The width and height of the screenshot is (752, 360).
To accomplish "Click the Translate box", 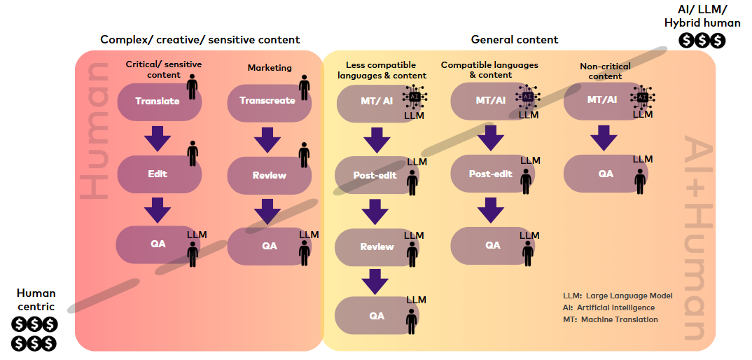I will [158, 102].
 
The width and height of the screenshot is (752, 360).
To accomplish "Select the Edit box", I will [158, 174].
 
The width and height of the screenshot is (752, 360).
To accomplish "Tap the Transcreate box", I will [267, 101].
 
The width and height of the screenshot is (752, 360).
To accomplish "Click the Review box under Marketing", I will [269, 175].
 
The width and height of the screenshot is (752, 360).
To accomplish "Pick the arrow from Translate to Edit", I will [158, 138].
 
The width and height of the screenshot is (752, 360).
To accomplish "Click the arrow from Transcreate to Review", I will [268, 139].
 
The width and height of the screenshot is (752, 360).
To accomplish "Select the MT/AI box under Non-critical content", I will [602, 100].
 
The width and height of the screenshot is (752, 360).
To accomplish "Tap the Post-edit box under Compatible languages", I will [490, 174].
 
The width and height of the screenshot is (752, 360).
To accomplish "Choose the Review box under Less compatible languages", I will [377, 247].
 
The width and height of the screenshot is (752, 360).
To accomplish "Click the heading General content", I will [515, 40].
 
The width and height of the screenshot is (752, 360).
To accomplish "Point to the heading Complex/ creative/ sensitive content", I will [200, 40].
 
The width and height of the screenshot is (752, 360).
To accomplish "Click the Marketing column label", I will [270, 68].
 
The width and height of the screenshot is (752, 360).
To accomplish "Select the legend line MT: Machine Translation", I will [610, 320].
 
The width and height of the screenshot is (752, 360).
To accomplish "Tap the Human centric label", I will [36, 299].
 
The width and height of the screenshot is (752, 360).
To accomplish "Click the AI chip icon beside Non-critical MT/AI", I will [643, 97].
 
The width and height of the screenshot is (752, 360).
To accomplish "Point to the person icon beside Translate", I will [192, 88].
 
